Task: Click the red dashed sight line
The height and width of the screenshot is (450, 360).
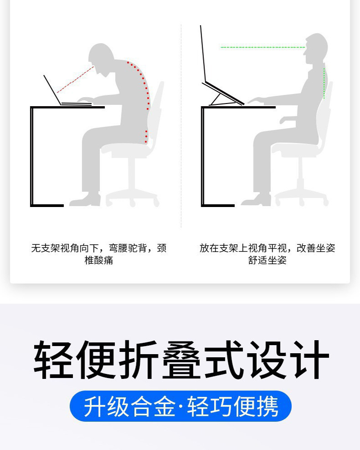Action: tap(75, 80)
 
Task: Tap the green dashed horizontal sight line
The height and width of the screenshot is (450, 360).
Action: tap(262, 47)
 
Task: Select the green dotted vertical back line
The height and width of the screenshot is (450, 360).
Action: tap(324, 81)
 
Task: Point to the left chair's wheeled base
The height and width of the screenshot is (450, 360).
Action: tap(132, 196)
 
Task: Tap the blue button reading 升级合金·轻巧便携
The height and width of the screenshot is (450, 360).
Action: tap(180, 406)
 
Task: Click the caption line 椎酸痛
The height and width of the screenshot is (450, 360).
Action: tap(99, 261)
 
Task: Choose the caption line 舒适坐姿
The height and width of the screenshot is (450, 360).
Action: tap(267, 261)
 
